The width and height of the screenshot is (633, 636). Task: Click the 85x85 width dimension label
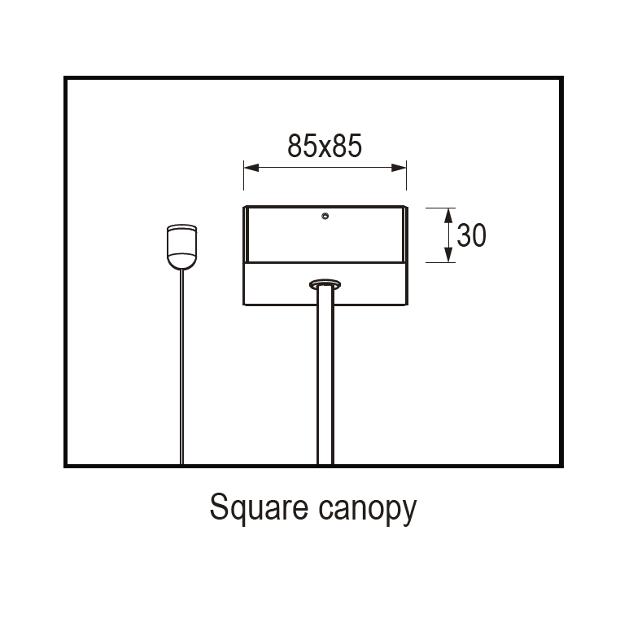(x=324, y=146)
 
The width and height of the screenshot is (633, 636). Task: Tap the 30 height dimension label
(x=471, y=235)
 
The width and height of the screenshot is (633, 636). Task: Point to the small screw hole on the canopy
(x=325, y=217)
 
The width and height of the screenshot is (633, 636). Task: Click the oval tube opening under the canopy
(x=325, y=283)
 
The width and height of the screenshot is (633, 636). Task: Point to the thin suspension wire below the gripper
(x=181, y=366)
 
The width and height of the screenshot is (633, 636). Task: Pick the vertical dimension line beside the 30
(x=448, y=235)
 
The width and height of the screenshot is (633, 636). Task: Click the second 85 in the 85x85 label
(x=345, y=146)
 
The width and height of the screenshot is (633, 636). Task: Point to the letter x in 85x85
(x=324, y=147)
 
